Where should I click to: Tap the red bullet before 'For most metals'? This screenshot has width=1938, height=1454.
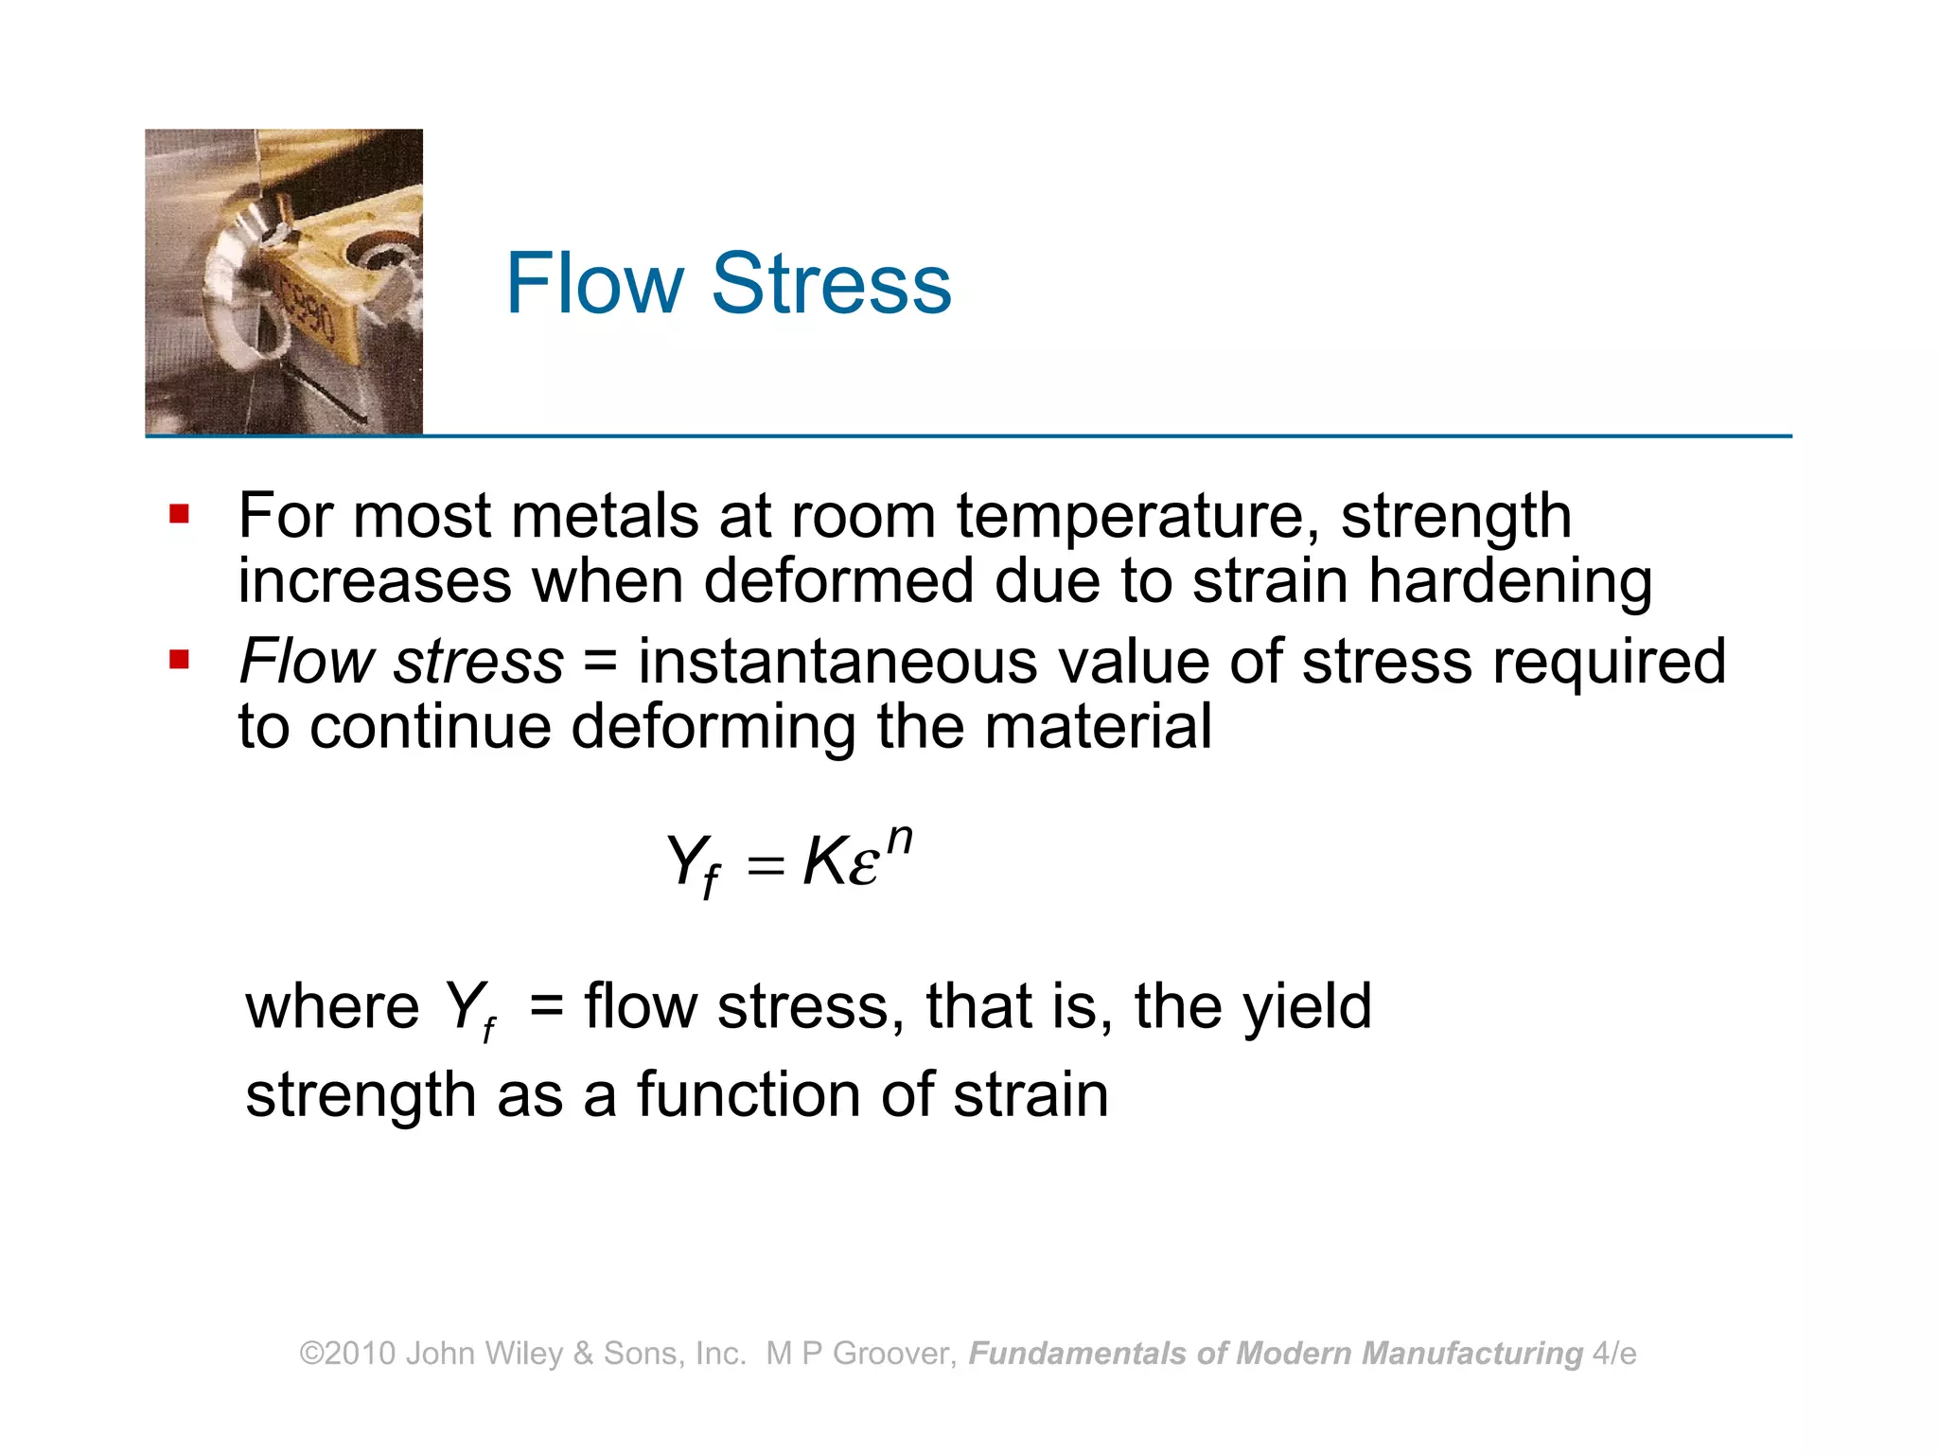[x=179, y=515]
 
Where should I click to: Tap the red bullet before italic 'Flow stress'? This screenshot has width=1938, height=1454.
[x=179, y=659]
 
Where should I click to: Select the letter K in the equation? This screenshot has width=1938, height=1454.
[x=822, y=862]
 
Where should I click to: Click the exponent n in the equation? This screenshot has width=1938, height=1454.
[x=900, y=838]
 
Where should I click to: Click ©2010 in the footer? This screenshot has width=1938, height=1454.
[x=347, y=1354]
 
